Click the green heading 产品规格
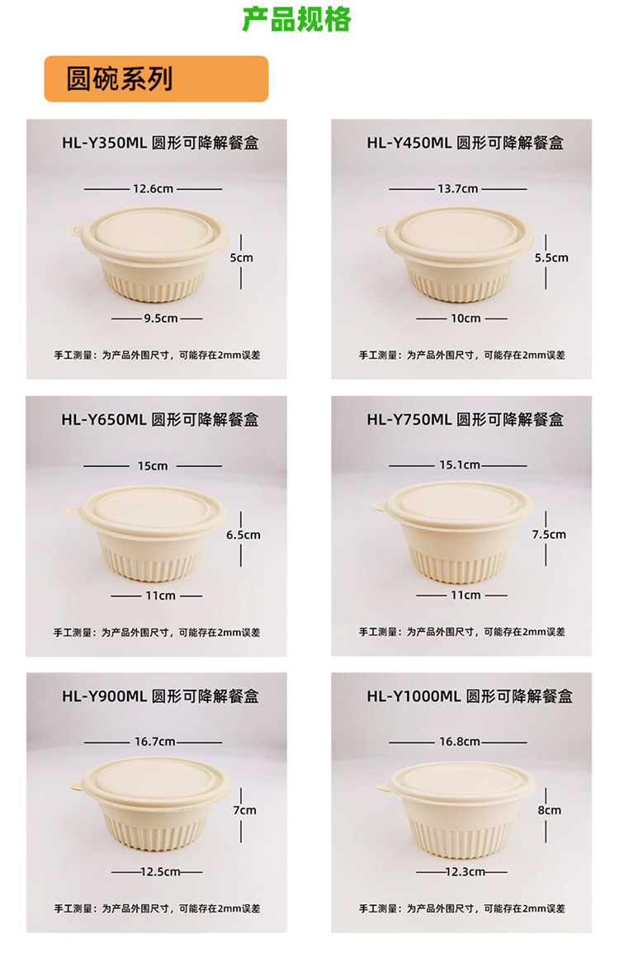pos(296,19)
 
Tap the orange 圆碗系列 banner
pos(156,78)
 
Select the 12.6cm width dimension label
pos(154,189)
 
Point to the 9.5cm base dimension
pos(161,318)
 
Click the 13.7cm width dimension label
pos(458,189)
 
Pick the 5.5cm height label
pos(551,258)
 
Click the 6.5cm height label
pos(243,535)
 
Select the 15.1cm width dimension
pos(459,465)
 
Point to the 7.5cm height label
pos(549,535)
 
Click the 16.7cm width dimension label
pos(155,742)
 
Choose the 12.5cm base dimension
pos(161,872)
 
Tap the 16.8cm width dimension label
pos(460,742)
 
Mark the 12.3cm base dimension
pos(465,872)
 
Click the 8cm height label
pos(549,810)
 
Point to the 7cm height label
pos(244,810)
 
